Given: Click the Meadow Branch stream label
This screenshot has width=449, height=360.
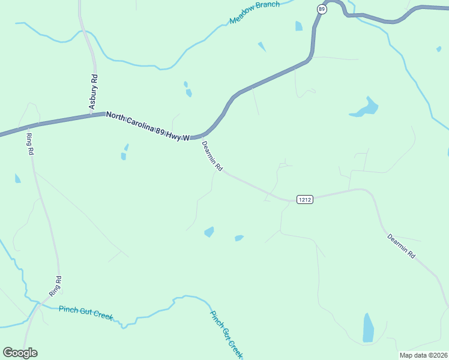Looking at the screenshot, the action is (255, 13).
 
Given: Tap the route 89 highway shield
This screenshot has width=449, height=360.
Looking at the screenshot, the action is (322, 9).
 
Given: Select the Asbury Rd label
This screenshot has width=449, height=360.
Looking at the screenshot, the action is (94, 91).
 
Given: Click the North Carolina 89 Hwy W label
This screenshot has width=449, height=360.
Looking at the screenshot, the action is (148, 125).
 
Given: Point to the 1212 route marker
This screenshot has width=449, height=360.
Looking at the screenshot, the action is (304, 199).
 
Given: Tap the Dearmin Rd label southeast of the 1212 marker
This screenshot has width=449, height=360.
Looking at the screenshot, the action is (401, 246).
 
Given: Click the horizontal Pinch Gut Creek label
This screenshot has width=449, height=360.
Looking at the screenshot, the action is (86, 313).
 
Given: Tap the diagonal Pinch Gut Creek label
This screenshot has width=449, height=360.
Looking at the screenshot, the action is (226, 334).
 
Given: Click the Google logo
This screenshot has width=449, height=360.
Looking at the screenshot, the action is (20, 353).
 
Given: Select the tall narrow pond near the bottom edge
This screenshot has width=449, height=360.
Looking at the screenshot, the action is (368, 328).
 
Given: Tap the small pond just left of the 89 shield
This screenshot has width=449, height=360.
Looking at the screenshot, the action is (298, 26).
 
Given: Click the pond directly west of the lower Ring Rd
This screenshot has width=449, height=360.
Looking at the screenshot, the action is (17, 178).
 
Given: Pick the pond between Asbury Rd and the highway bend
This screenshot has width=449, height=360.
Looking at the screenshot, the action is (188, 91).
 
